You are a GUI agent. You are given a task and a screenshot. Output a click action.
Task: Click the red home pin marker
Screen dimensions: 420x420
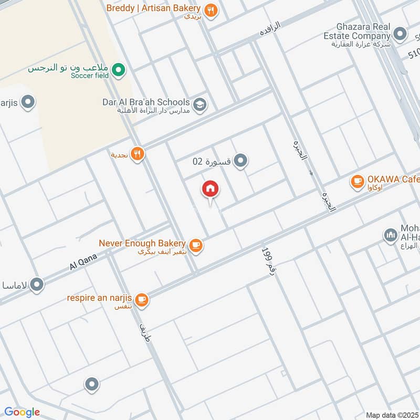tap(211, 189)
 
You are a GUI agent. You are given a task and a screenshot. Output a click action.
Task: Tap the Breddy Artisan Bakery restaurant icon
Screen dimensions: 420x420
tap(211, 10)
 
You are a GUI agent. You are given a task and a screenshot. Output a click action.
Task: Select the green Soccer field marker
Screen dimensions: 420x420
tap(119, 69)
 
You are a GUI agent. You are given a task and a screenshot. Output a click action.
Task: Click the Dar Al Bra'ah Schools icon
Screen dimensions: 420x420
tap(199, 104)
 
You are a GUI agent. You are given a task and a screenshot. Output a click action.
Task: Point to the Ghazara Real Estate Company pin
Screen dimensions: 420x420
tap(401, 35)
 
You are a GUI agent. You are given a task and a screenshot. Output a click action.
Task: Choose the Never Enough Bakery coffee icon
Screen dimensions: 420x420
tap(196, 245)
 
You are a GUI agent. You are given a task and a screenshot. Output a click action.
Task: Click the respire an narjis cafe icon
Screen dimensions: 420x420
tap(141, 300)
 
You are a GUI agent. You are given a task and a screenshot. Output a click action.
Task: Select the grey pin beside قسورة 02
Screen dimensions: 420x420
tap(240, 161)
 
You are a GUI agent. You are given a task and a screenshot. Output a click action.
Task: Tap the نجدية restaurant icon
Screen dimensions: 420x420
tap(138, 154)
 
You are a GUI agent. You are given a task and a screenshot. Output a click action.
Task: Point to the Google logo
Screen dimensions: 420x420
tap(22, 412)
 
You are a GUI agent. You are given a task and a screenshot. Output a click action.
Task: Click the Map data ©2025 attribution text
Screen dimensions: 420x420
tap(392, 415)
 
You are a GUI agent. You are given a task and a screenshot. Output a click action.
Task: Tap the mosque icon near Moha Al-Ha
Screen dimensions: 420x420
tap(390, 235)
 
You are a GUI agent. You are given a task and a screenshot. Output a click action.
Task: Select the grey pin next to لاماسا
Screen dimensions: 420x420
tap(37, 285)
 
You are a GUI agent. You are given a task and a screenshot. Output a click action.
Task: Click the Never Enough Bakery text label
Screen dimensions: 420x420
tap(142, 244)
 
